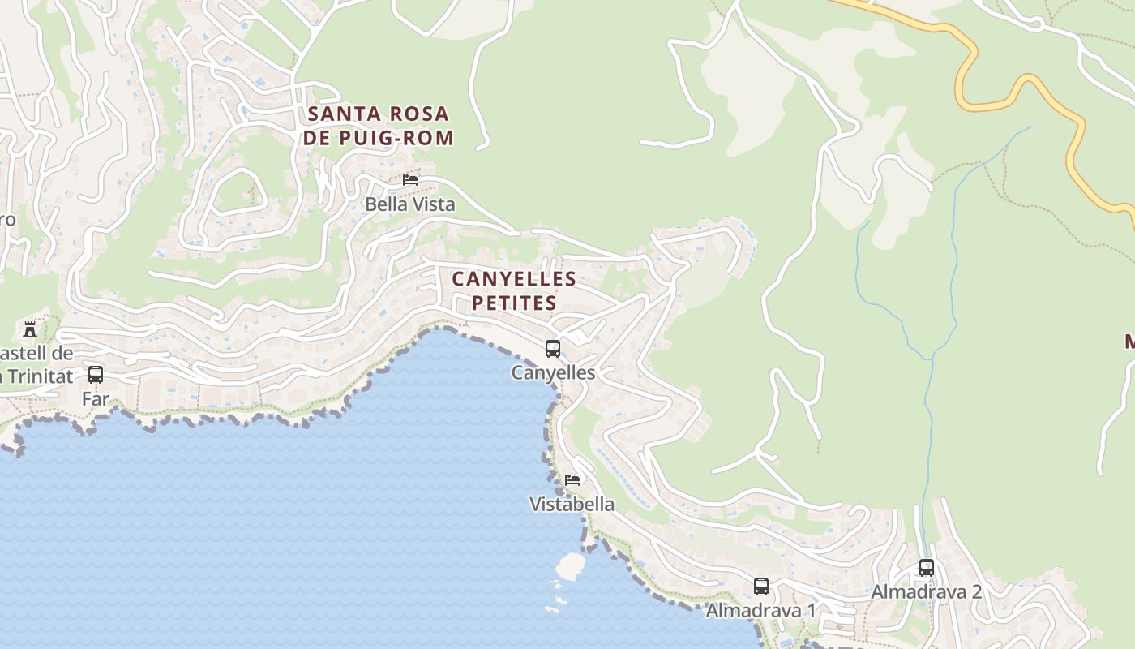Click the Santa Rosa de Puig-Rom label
click(379, 126)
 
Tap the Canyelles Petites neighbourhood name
click(514, 290)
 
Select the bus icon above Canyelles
click(553, 349)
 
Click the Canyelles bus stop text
click(553, 372)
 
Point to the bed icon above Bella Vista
click(410, 180)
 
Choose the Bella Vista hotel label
click(410, 204)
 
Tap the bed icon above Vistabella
click(572, 480)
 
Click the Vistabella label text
click(572, 504)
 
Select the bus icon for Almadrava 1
click(760, 586)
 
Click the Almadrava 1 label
click(760, 610)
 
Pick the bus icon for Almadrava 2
click(926, 568)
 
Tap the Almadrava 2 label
click(926, 592)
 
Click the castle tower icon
click(30, 329)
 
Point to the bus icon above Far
click(96, 375)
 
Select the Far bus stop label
click(96, 399)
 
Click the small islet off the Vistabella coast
click(571, 565)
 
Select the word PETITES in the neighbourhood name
click(514, 303)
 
